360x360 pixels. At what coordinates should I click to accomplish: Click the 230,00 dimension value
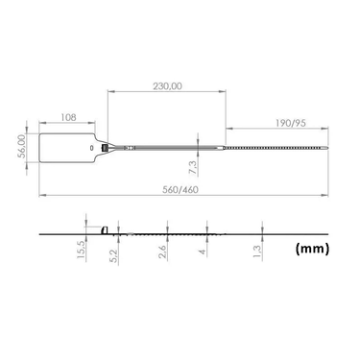167,86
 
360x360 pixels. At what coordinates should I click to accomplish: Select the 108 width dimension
68,117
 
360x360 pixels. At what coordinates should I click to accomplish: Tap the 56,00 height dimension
21,146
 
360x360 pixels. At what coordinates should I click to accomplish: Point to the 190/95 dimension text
291,123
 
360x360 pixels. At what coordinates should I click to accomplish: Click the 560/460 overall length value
180,190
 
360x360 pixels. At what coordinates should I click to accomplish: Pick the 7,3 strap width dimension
193,167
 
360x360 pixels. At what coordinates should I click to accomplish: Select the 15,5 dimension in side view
81,250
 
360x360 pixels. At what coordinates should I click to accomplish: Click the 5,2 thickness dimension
113,255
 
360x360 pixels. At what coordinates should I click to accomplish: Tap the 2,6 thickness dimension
162,252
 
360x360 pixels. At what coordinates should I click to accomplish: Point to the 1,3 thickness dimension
257,252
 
